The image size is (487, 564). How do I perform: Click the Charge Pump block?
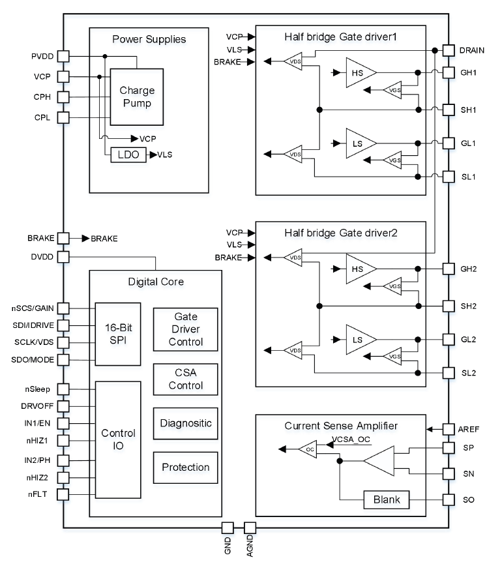tap(136, 97)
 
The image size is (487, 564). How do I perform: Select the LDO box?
tap(128, 155)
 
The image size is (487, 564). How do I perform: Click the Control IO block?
tap(118, 440)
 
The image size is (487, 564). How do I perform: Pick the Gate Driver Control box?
tap(185, 329)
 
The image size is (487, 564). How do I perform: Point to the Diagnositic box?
tap(185, 423)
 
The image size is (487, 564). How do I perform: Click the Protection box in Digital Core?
tap(185, 467)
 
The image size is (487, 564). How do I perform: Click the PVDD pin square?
tap(63, 57)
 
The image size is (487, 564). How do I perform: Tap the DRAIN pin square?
tap(449, 50)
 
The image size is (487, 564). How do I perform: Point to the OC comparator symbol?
tap(307, 449)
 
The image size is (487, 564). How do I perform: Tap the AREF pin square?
tap(449, 429)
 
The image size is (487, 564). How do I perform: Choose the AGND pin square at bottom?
tap(250, 527)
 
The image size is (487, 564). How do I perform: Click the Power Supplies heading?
tap(149, 39)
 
